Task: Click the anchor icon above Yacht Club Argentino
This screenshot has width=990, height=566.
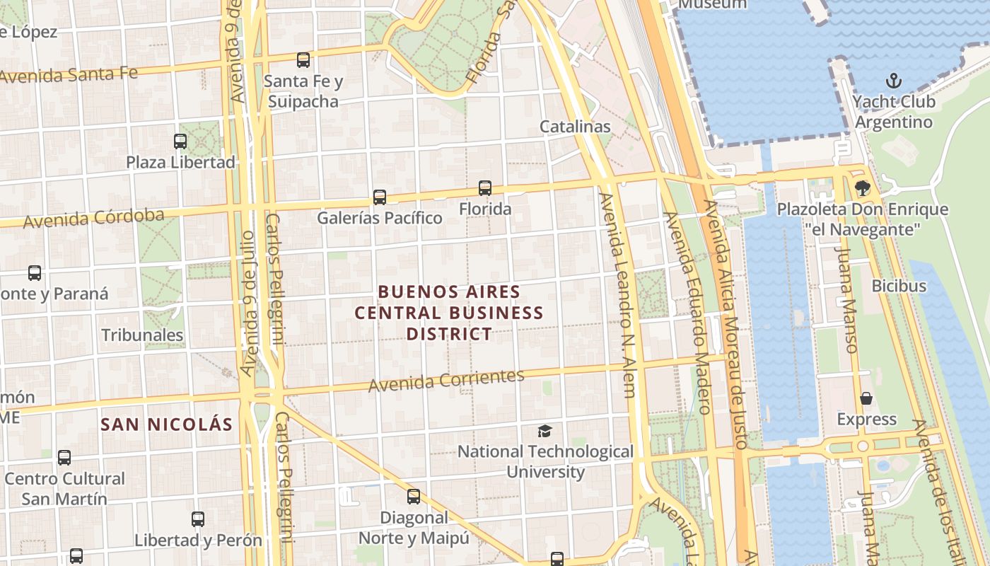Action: click(894, 80)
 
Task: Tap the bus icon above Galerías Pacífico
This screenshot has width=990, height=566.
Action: click(380, 197)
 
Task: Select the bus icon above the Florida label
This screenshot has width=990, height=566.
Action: click(485, 188)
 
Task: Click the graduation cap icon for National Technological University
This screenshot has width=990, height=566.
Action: click(544, 431)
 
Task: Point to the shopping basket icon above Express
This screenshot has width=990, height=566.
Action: click(866, 398)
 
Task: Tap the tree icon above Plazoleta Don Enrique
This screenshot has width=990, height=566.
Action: click(862, 188)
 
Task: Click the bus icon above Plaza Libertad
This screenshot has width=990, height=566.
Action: click(180, 141)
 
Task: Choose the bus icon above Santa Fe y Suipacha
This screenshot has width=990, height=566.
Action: click(303, 60)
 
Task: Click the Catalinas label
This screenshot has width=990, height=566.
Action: click(575, 127)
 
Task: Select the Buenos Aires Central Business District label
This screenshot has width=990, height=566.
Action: click(449, 312)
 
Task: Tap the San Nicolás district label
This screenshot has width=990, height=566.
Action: click(166, 424)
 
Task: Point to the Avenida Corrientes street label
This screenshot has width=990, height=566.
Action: click(446, 380)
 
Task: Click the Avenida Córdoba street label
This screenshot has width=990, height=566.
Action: click(93, 218)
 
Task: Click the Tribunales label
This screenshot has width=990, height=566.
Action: click(143, 335)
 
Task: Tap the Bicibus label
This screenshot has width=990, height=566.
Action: click(899, 286)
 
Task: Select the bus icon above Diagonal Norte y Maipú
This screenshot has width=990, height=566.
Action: click(414, 497)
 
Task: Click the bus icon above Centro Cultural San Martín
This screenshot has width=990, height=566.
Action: click(64, 458)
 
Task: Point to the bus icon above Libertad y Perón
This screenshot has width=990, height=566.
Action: click(198, 519)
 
